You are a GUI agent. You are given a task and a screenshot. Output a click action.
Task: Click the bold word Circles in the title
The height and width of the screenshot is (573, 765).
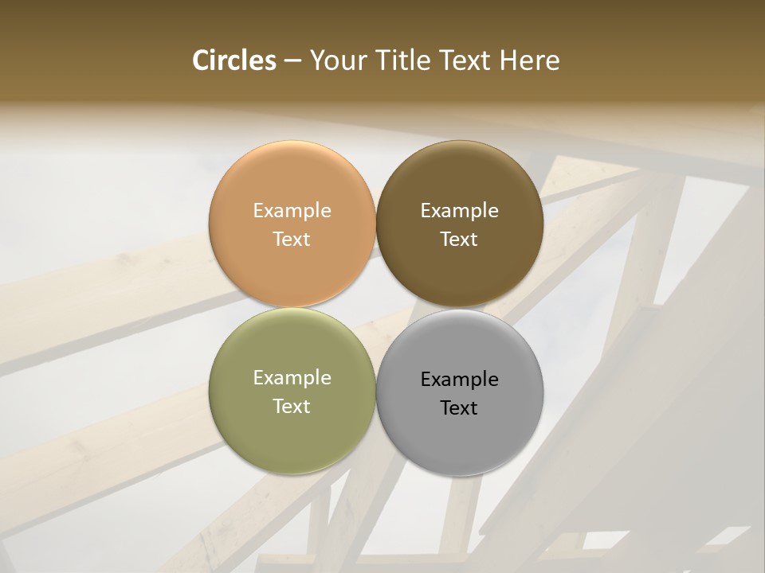(233, 60)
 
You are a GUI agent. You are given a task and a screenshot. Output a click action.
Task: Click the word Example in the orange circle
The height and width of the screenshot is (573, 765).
(292, 211)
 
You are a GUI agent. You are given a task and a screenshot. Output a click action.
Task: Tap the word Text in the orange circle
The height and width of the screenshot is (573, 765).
(292, 240)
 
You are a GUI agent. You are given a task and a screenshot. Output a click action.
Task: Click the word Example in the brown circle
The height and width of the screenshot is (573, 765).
(459, 211)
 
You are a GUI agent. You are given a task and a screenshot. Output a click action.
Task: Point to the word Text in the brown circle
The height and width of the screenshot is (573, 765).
(459, 240)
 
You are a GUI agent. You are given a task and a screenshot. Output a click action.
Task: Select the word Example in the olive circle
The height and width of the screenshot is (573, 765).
(292, 378)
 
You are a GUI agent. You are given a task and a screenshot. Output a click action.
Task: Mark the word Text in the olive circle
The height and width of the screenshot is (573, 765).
(292, 407)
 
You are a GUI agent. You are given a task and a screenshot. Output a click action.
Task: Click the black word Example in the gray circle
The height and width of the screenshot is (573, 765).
(459, 380)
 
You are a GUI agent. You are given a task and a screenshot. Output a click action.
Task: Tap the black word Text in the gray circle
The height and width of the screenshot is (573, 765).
(459, 408)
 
